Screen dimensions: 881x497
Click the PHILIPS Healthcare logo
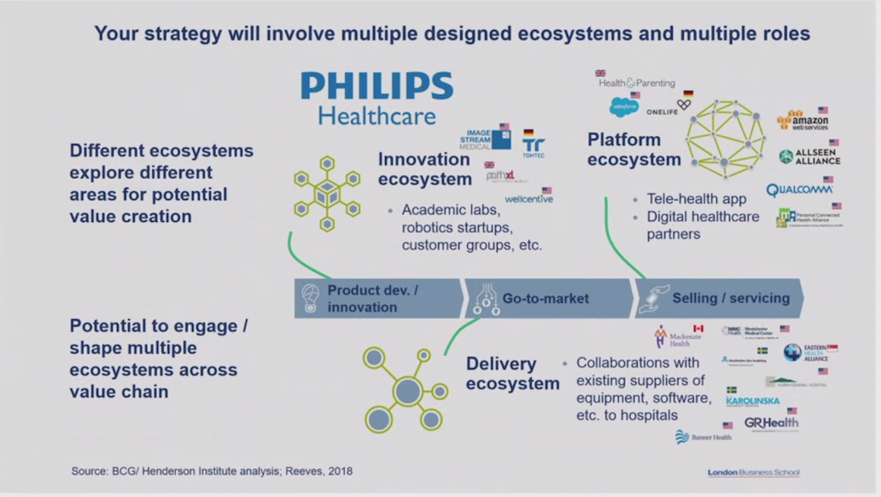(x=376, y=96)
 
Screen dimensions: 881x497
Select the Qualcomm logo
(x=798, y=190)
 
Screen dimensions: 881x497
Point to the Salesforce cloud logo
(x=624, y=106)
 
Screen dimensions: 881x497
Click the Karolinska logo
(x=752, y=401)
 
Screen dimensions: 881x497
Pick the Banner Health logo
(x=703, y=437)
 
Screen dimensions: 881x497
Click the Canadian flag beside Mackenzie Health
(x=698, y=328)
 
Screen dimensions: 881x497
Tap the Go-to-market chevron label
(x=546, y=299)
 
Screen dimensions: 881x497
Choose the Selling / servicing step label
(x=731, y=299)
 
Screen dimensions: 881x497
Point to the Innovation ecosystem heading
(x=424, y=168)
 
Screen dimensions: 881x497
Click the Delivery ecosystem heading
(x=512, y=374)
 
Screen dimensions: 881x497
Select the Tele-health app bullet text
(x=697, y=199)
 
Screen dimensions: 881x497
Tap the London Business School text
(x=753, y=472)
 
